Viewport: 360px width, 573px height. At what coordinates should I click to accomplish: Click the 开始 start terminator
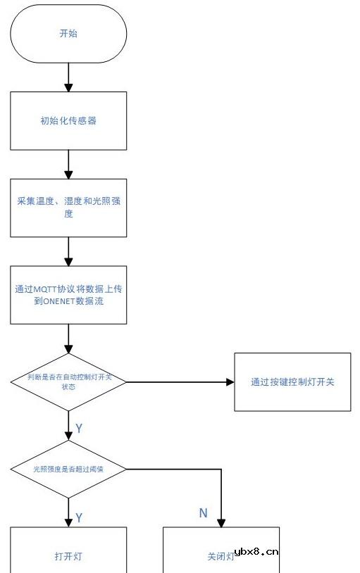pyautogui.click(x=68, y=33)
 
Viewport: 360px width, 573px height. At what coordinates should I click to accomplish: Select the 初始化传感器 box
pyautogui.click(x=68, y=120)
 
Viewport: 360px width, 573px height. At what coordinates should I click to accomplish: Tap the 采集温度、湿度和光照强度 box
pyautogui.click(x=68, y=208)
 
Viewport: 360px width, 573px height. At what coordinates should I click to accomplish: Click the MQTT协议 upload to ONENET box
pyautogui.click(x=68, y=295)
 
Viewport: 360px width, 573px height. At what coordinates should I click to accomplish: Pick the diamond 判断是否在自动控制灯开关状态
pyautogui.click(x=68, y=382)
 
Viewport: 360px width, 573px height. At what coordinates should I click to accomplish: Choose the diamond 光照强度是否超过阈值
pyautogui.click(x=68, y=469)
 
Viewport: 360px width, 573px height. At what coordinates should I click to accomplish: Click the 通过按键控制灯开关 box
pyautogui.click(x=292, y=382)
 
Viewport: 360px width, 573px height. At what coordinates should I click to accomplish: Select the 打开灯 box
pyautogui.click(x=68, y=556)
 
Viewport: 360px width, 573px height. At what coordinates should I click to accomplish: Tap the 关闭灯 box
pyautogui.click(x=221, y=556)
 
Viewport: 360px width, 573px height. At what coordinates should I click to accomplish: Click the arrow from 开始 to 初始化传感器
pyautogui.click(x=68, y=77)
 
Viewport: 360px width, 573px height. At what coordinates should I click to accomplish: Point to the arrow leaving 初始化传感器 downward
pyautogui.click(x=68, y=164)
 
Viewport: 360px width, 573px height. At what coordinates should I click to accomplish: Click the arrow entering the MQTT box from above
pyautogui.click(x=68, y=251)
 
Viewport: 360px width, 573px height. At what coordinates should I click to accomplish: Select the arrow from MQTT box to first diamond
pyautogui.click(x=68, y=339)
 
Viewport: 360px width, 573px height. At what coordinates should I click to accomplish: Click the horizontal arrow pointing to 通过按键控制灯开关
pyautogui.click(x=180, y=382)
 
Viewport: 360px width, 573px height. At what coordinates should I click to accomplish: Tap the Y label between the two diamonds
pyautogui.click(x=79, y=428)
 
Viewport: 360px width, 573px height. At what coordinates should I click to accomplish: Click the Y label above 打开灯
pyautogui.click(x=79, y=517)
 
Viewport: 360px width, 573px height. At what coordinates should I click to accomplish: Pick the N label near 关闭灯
pyautogui.click(x=203, y=513)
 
